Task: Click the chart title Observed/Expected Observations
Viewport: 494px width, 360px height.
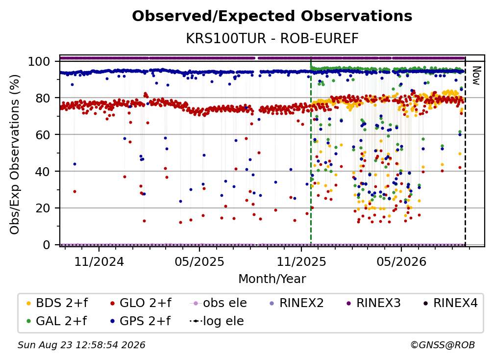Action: click(x=272, y=16)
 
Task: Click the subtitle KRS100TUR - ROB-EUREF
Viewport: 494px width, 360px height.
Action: click(x=272, y=39)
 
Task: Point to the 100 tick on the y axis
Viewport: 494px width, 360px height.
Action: click(x=39, y=61)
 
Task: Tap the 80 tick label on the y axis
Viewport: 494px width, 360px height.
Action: click(x=43, y=98)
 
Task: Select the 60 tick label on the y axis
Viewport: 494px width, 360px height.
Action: click(x=43, y=134)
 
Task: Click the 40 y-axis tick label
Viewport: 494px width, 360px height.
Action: click(x=43, y=172)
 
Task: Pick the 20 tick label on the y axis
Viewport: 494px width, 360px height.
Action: click(x=43, y=208)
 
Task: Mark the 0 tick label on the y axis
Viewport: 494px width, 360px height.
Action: click(x=47, y=245)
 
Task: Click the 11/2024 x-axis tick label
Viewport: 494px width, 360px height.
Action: click(x=99, y=261)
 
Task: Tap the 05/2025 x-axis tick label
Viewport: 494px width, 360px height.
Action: click(x=199, y=261)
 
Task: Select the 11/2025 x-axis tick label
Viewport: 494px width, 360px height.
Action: click(x=301, y=261)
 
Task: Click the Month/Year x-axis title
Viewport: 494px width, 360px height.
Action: click(x=272, y=279)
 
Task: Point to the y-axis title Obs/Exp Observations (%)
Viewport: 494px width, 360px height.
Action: click(x=15, y=154)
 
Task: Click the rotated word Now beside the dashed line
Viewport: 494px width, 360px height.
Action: click(x=476, y=76)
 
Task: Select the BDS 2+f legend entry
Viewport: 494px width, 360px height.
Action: click(x=57, y=303)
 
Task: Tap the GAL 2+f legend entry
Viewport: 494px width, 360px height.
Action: click(x=57, y=321)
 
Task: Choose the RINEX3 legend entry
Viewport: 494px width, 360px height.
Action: click(x=373, y=303)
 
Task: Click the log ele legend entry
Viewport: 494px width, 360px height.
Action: click(x=217, y=321)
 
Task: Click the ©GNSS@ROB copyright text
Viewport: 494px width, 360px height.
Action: click(x=443, y=345)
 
